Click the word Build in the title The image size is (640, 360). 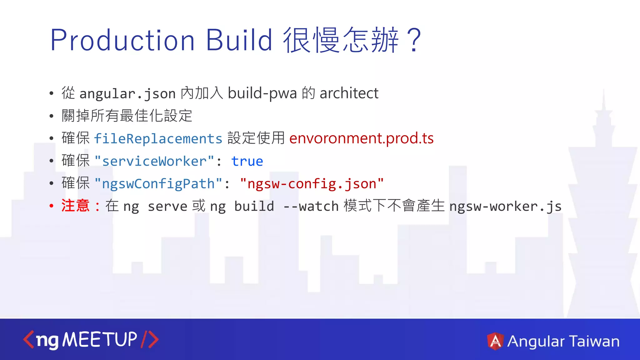tap(239, 41)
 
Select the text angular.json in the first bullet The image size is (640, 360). tap(127, 94)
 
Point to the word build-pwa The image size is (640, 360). tap(262, 93)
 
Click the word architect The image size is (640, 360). tap(349, 93)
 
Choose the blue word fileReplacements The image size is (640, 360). tap(158, 139)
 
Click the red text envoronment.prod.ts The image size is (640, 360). tap(361, 138)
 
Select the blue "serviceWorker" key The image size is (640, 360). tap(154, 161)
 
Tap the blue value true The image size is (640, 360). tap(247, 161)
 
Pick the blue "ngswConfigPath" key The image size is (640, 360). tap(158, 184)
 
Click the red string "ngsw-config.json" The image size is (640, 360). tap(312, 184)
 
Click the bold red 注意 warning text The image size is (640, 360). tap(75, 206)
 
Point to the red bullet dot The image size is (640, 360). tap(52, 206)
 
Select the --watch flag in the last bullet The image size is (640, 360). tap(311, 206)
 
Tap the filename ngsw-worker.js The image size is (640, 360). tap(505, 206)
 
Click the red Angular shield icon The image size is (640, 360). tap(495, 341)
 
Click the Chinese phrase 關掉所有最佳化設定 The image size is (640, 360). tap(127, 116)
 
